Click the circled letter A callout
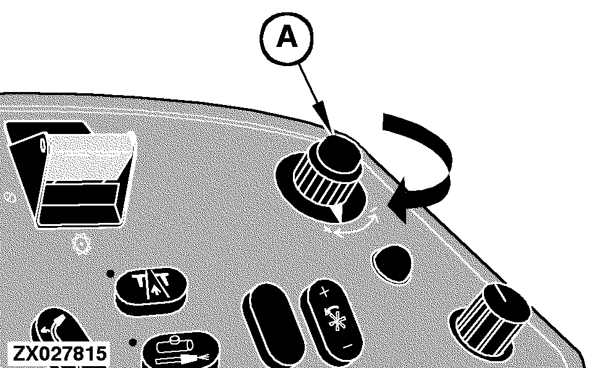(x=287, y=38)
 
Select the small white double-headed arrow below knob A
(x=353, y=225)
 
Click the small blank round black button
(x=392, y=263)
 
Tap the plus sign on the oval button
(x=324, y=292)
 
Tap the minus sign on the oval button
(x=347, y=346)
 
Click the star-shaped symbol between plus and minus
(x=336, y=317)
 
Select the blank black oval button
(x=273, y=325)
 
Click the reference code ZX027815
(x=59, y=354)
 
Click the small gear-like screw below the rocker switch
(x=82, y=244)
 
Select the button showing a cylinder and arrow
(x=180, y=350)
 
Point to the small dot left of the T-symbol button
(x=111, y=274)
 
